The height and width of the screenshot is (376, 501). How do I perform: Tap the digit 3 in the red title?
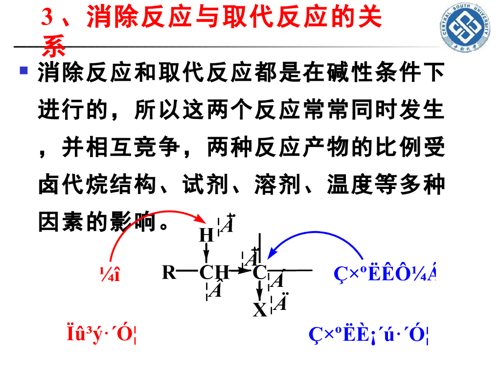point(47,19)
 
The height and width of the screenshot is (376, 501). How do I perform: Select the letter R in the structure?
point(169,272)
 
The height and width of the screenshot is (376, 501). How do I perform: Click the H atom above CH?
point(206,235)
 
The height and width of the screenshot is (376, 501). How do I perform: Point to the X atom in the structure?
point(260,309)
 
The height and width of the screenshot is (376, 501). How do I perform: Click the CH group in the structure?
point(214,272)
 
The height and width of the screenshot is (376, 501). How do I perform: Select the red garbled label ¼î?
point(110,275)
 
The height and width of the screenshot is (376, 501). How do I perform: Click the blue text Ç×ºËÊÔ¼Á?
point(385,275)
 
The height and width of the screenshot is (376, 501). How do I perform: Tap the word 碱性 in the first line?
point(349,73)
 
